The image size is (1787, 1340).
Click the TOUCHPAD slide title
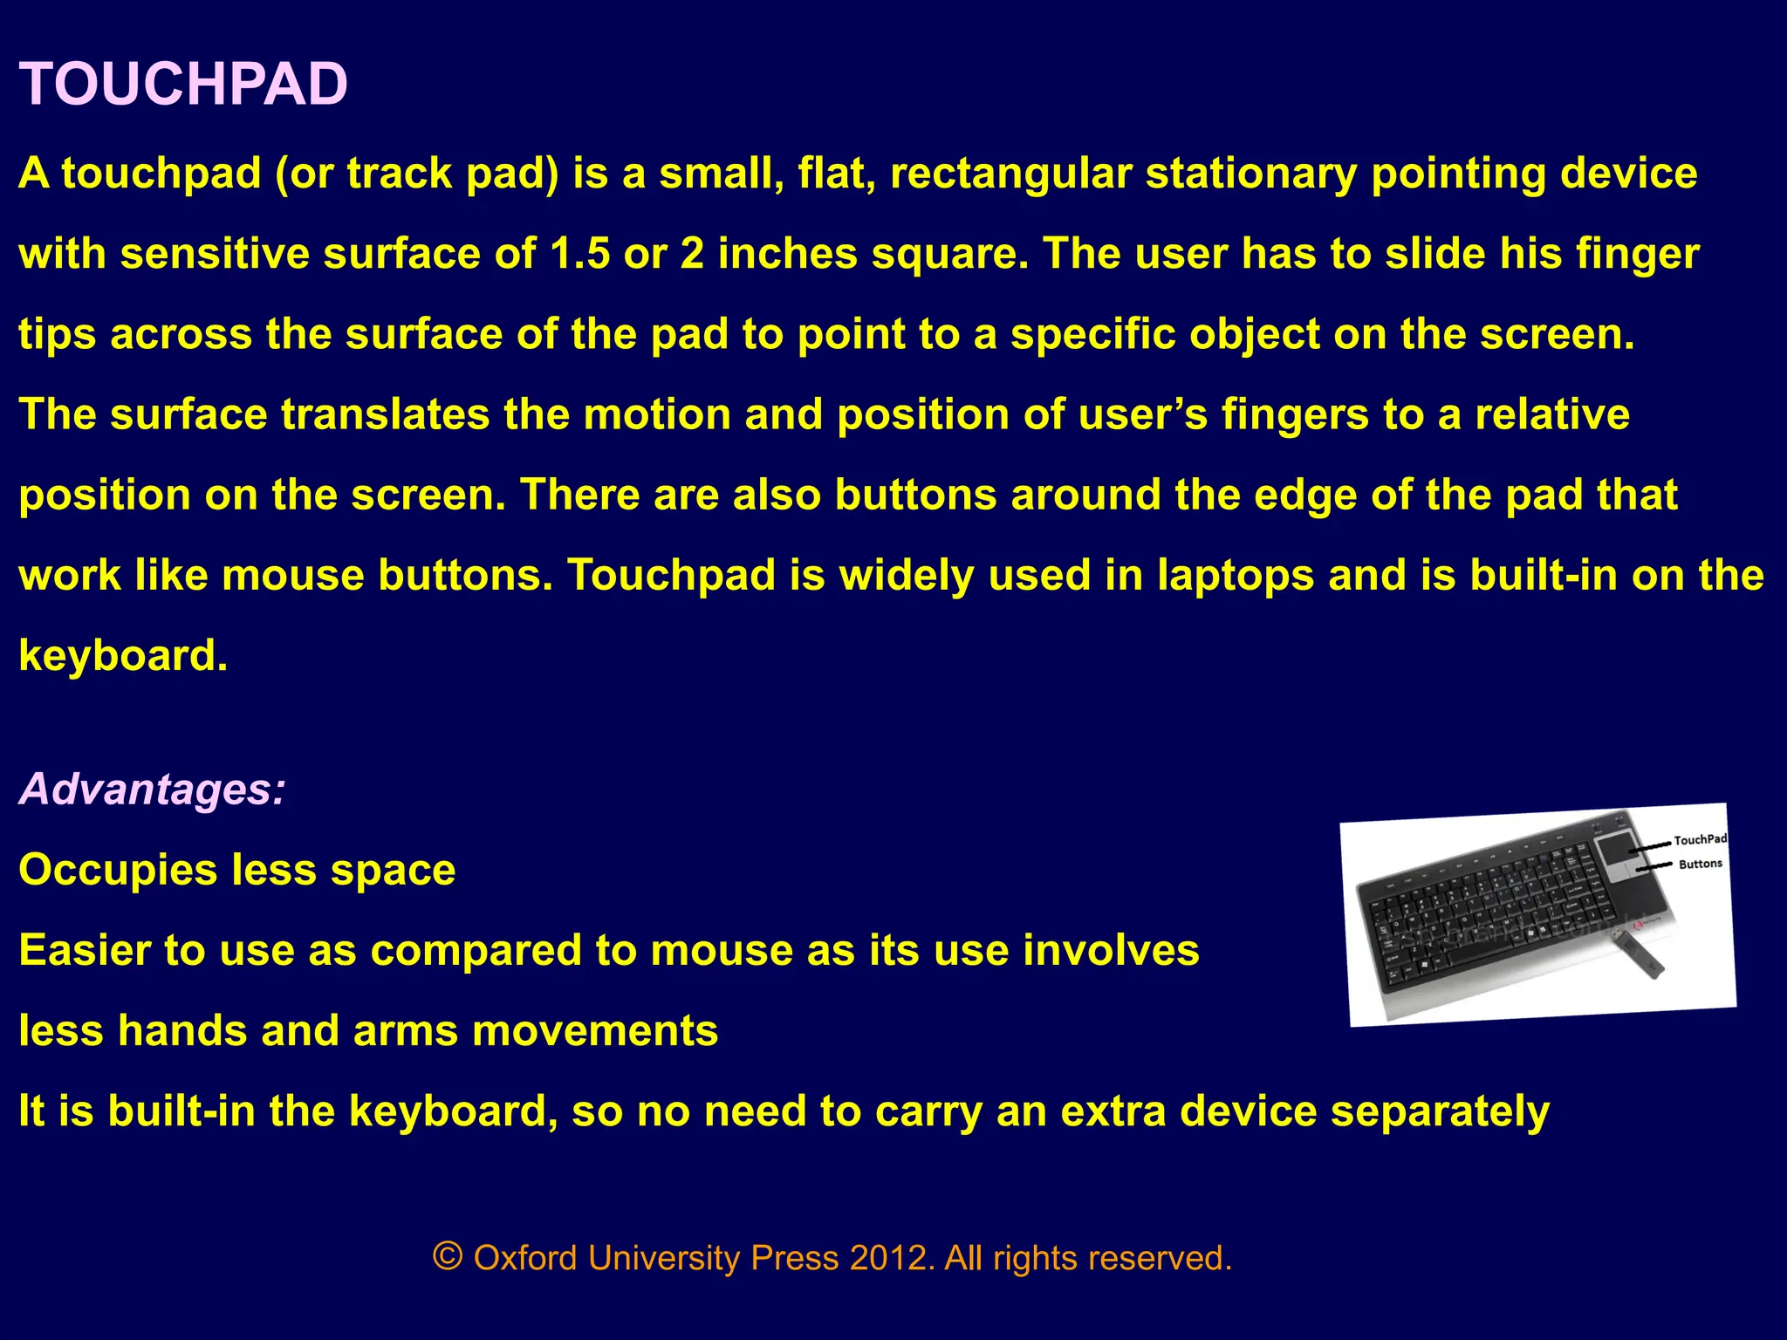tap(183, 85)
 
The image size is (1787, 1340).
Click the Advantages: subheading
tap(152, 789)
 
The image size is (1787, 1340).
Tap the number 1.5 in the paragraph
tap(580, 254)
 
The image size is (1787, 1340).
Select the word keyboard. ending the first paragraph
tap(123, 655)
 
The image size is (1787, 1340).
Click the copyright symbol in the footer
tap(448, 1257)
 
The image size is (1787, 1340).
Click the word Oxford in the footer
tap(525, 1258)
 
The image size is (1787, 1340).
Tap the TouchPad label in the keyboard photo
tap(1701, 839)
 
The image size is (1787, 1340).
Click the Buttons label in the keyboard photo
tap(1701, 864)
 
